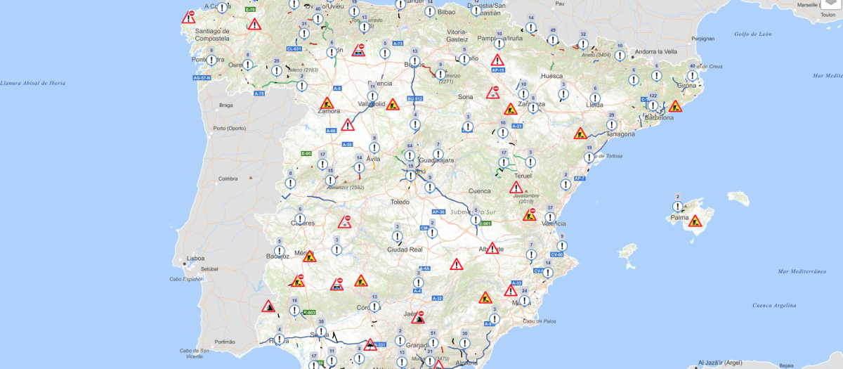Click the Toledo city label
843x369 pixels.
(399, 202)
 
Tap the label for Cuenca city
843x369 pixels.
(479, 190)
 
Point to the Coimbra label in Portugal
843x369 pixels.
(228, 179)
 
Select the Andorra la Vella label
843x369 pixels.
(655, 51)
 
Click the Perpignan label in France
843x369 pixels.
(702, 39)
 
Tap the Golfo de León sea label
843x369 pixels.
(752, 34)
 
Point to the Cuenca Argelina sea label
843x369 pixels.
(774, 305)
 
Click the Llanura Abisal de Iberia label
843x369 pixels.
(33, 83)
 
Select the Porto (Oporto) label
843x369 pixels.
(230, 128)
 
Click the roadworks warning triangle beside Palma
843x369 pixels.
(695, 221)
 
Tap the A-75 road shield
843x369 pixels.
(259, 93)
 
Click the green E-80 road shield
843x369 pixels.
(306, 153)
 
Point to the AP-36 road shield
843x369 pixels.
(438, 212)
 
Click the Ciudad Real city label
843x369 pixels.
(405, 250)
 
